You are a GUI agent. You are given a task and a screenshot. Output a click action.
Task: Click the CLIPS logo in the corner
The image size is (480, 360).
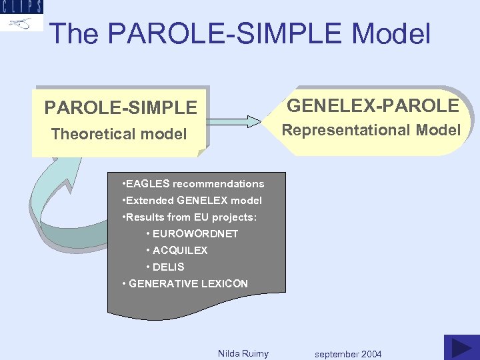[x=22, y=15]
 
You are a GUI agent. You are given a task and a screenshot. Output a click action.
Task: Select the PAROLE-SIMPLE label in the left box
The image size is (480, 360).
[x=121, y=107]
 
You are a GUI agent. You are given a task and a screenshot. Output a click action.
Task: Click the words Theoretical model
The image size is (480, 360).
[x=119, y=134]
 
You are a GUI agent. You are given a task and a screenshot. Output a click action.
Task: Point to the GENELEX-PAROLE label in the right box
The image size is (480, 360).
[x=373, y=105]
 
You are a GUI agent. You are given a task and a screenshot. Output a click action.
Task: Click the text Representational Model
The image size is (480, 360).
[x=371, y=130]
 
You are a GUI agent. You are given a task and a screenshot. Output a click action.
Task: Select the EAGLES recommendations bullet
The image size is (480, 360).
[x=194, y=184]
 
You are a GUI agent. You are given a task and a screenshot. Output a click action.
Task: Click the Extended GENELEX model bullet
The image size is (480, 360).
[x=193, y=201]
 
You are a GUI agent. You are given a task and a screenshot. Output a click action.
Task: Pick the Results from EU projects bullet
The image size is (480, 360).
[x=190, y=217]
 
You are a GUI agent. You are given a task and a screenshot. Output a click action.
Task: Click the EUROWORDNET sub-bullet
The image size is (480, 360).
[x=192, y=234]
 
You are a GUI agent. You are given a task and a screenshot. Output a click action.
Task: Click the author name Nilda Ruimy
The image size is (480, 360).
[x=243, y=353]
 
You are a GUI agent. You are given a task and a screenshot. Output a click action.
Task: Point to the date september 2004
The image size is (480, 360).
[x=348, y=354]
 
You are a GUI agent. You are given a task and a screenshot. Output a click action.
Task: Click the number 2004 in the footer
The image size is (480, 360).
[x=370, y=354]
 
